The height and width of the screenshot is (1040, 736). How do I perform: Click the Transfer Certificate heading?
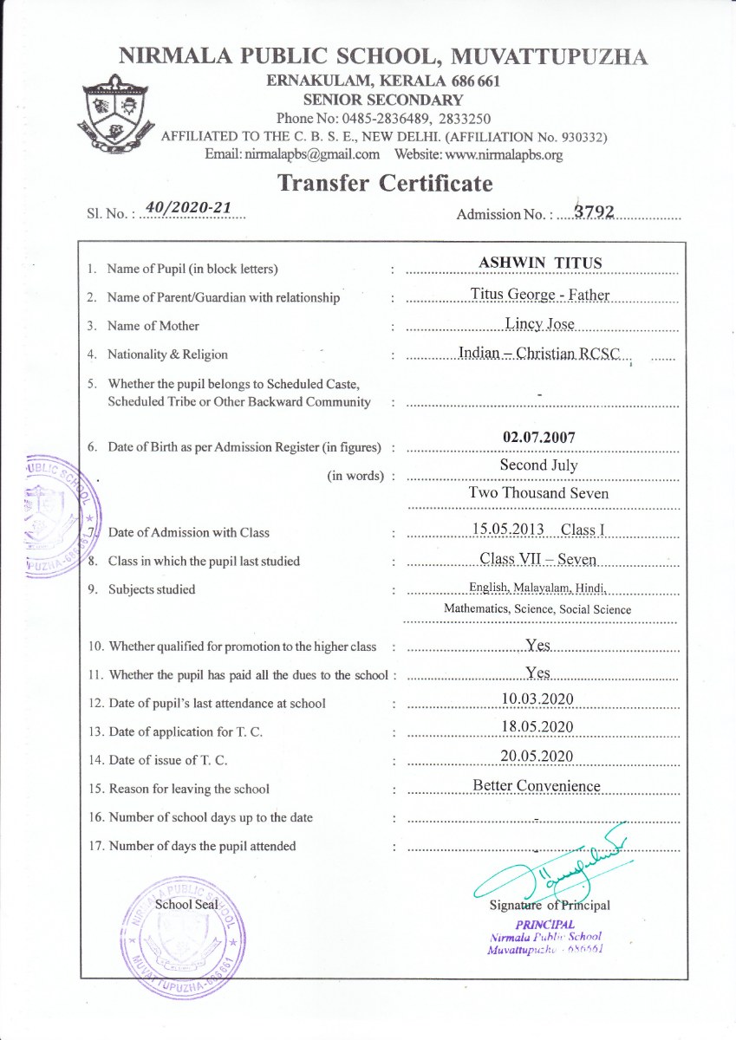(x=385, y=184)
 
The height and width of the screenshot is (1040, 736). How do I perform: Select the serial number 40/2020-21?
(x=189, y=208)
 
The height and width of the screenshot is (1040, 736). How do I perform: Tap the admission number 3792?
(x=588, y=212)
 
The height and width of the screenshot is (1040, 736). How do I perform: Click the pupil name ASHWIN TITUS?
(x=540, y=263)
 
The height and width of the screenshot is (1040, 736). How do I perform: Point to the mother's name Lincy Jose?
(x=540, y=324)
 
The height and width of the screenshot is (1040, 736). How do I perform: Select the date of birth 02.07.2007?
(x=538, y=438)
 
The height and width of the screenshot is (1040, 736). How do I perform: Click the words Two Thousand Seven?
(x=538, y=493)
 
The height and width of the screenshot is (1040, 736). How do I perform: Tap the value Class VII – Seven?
(x=538, y=560)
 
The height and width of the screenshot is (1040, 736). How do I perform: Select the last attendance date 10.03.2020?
(x=537, y=699)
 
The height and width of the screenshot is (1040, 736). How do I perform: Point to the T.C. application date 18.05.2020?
(x=537, y=726)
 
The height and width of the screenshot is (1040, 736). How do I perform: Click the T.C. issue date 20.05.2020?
(x=537, y=756)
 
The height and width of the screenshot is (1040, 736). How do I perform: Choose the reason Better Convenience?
(x=537, y=786)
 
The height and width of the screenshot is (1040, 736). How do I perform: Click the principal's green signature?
(x=555, y=867)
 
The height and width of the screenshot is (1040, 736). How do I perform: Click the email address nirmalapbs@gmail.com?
(x=292, y=154)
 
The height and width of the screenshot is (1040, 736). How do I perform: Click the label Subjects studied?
(x=151, y=589)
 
